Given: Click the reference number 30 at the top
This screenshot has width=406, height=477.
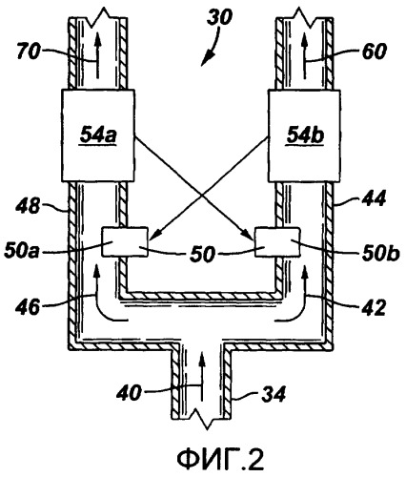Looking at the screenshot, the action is (x=219, y=17).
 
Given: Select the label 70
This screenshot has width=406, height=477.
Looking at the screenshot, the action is (x=29, y=52).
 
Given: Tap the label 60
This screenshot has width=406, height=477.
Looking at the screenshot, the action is (x=375, y=52).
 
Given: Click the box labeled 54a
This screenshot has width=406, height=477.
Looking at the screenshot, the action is (x=98, y=135).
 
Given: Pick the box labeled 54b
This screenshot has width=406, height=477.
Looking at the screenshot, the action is (x=304, y=135).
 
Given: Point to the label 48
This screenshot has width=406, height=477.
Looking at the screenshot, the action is (x=28, y=207).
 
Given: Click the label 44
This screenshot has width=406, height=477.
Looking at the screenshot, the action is (x=374, y=199).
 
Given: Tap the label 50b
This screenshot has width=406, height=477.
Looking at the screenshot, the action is (x=381, y=253).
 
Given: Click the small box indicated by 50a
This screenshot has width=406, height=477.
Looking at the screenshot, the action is (x=125, y=241).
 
